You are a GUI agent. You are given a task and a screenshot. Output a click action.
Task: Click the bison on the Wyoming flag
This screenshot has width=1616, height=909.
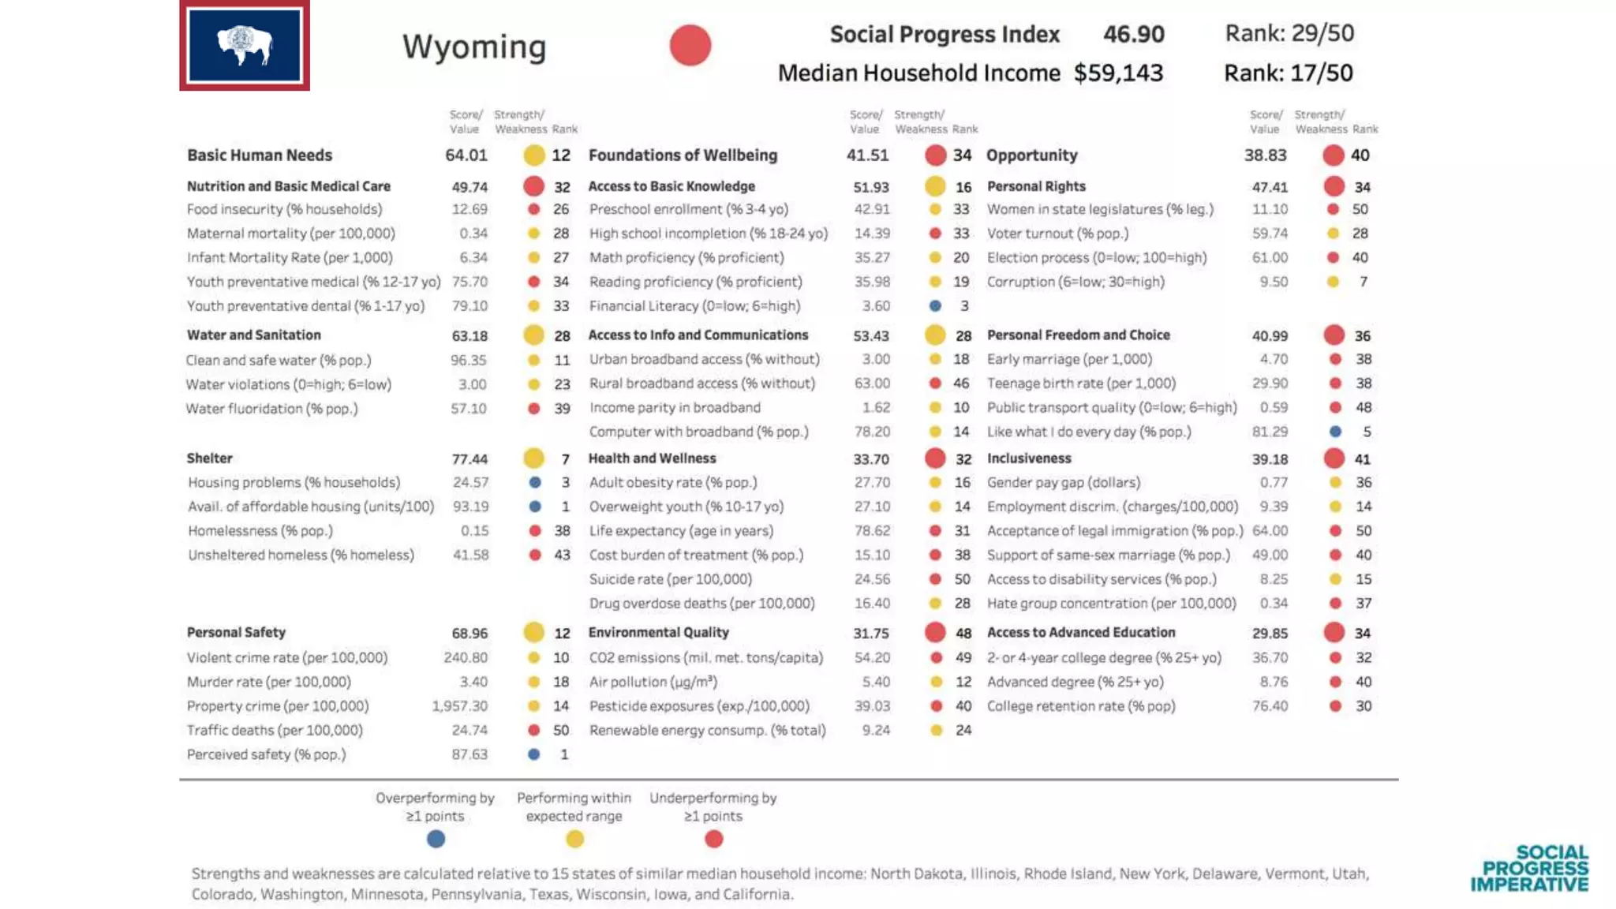pos(244,45)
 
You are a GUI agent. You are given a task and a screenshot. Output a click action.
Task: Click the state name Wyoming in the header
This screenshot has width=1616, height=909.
pos(474,47)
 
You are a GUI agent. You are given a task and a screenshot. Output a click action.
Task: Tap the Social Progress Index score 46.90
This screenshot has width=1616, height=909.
pos(1133,34)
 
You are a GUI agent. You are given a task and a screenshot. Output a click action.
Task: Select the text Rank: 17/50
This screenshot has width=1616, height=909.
pos(1288,73)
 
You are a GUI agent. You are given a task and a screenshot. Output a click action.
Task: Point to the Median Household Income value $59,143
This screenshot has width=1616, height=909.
pos(1117,73)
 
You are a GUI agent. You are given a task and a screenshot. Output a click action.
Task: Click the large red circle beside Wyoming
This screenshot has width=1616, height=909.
pos(690,45)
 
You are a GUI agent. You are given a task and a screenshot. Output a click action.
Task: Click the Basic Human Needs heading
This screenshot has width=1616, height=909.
pos(260,155)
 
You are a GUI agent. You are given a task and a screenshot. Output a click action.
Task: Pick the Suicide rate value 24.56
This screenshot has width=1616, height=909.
pos(872,579)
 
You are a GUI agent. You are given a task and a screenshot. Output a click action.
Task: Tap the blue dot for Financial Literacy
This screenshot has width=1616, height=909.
pos(935,305)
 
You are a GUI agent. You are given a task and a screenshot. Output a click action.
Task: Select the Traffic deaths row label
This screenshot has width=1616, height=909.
pos(275,731)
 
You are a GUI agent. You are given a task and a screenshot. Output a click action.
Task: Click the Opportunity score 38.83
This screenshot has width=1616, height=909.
pos(1265,155)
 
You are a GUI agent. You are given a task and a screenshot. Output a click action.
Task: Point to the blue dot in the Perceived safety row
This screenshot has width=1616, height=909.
pos(534,754)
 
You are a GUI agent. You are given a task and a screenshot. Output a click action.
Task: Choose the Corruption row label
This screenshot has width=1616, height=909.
pos(1075,282)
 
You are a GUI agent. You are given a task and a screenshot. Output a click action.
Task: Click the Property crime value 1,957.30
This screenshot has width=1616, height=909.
pos(459,706)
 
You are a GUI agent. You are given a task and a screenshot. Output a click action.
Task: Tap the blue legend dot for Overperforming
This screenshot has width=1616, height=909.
pos(436,839)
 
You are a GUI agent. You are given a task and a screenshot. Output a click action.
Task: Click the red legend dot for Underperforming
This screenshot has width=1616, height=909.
pos(713,839)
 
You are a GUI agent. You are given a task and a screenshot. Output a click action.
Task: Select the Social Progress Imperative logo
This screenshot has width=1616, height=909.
pos(1529,869)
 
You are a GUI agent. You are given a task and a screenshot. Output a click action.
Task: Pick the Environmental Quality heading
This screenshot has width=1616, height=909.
pos(658,633)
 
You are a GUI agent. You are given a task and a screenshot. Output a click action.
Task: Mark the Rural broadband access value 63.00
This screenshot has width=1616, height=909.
pos(872,383)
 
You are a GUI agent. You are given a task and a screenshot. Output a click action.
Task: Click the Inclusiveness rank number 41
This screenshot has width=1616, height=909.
pos(1362,459)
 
